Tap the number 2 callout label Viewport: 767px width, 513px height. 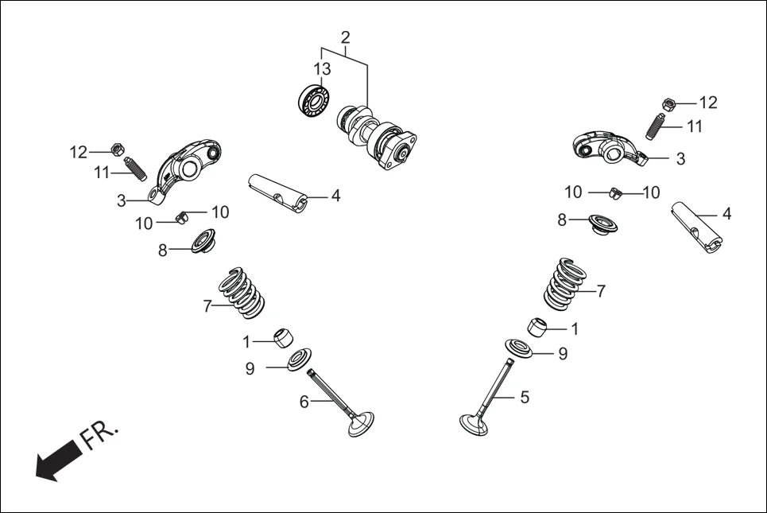pyautogui.click(x=345, y=37)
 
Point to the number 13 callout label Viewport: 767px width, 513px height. pyautogui.click(x=321, y=69)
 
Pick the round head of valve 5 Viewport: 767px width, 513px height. pyautogui.click(x=478, y=422)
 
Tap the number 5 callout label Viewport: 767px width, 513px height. pyautogui.click(x=524, y=397)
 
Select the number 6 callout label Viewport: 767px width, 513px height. pyautogui.click(x=304, y=402)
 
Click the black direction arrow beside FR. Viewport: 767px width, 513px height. pyautogui.click(x=56, y=462)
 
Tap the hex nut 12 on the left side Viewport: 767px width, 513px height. pyautogui.click(x=116, y=149)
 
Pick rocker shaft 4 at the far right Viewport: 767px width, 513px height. pyautogui.click(x=698, y=227)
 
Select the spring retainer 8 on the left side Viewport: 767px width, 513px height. pyautogui.click(x=196, y=242)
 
